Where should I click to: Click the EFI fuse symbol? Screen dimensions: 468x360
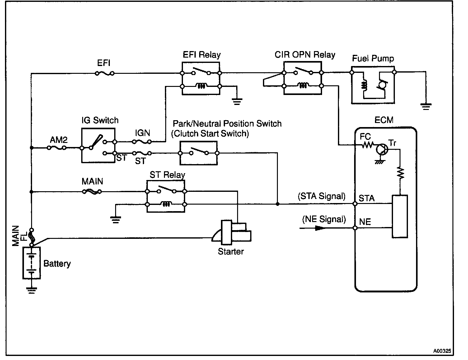(105, 73)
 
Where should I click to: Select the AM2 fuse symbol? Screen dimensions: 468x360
(57, 148)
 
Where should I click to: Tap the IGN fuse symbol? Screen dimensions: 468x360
(142, 142)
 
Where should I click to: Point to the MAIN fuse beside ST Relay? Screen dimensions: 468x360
(92, 192)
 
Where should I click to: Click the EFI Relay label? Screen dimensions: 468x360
(202, 55)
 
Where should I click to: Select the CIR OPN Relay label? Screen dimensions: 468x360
(305, 54)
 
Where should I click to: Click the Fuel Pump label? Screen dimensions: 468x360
(373, 58)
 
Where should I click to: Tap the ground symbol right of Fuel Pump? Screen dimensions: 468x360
(426, 107)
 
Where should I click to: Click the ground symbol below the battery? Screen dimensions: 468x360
(31, 290)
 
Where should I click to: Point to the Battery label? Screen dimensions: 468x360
(57, 263)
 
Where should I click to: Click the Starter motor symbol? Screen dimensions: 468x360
(232, 232)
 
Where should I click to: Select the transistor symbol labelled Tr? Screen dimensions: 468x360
(382, 149)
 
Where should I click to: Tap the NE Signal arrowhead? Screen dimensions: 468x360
(320, 228)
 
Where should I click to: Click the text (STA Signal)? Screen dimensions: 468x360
(321, 196)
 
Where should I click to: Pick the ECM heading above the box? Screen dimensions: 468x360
(384, 120)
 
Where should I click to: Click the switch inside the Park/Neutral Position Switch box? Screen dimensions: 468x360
(199, 151)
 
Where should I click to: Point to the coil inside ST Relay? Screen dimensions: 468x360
(166, 204)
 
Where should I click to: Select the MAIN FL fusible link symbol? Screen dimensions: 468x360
(31, 237)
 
